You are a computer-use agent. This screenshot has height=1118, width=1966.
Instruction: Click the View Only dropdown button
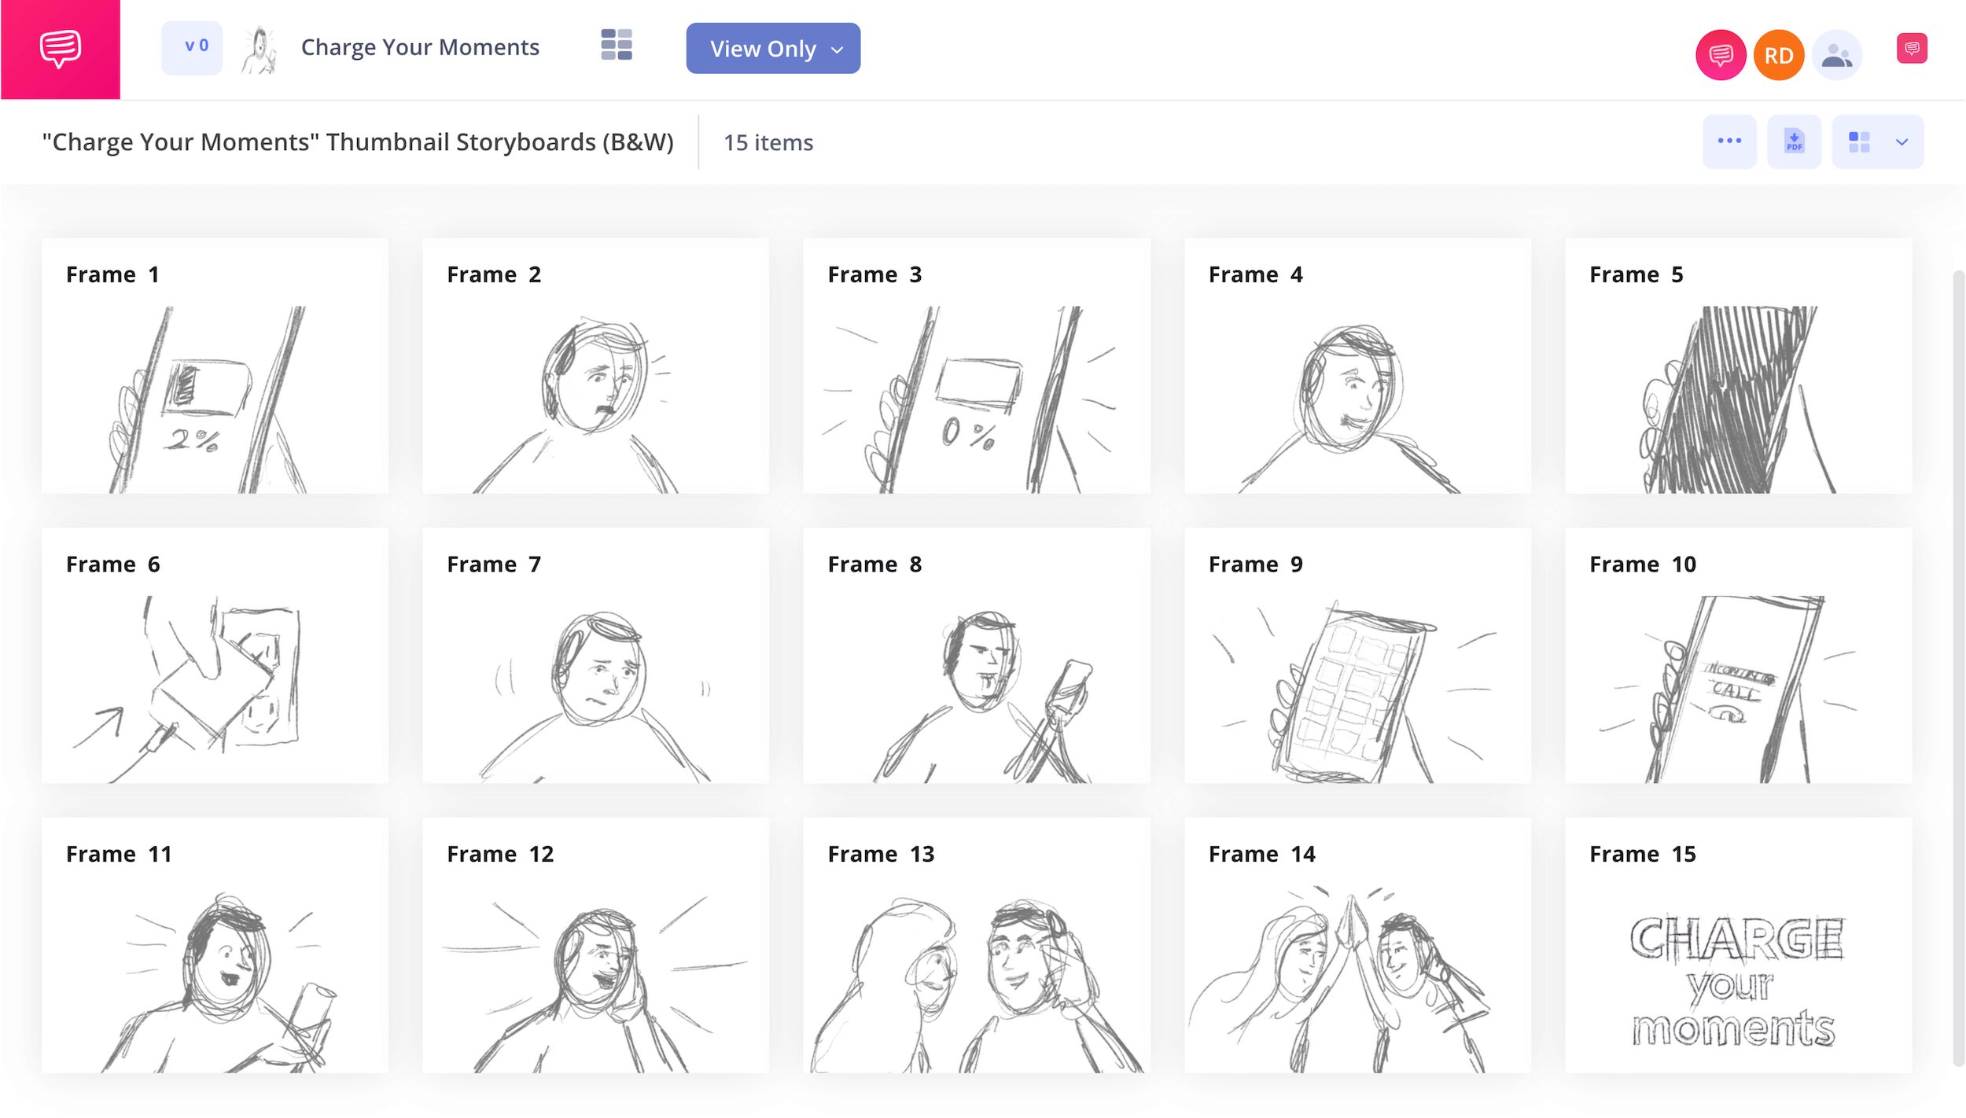click(x=773, y=48)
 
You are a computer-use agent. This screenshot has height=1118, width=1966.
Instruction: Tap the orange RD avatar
click(x=1779, y=55)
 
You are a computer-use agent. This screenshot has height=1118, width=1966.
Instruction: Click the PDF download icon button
click(x=1794, y=142)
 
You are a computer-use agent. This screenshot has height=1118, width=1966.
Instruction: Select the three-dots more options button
click(x=1729, y=142)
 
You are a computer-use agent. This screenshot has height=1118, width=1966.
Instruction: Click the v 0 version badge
click(x=192, y=47)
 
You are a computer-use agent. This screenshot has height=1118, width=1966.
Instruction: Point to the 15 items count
click(x=768, y=142)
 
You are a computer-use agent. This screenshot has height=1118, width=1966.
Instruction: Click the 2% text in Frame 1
click(x=191, y=440)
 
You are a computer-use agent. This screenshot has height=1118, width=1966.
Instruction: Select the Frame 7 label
click(x=494, y=565)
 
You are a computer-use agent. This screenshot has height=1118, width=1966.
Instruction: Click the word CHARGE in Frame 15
click(x=1736, y=939)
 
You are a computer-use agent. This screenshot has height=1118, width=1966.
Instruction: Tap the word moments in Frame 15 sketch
click(x=1733, y=1028)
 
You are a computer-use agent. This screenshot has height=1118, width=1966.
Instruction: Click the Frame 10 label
click(x=1643, y=565)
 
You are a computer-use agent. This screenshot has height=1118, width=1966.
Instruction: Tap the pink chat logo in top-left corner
click(x=61, y=50)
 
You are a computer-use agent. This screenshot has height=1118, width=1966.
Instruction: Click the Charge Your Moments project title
click(x=420, y=47)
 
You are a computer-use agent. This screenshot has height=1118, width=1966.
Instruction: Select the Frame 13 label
click(x=881, y=855)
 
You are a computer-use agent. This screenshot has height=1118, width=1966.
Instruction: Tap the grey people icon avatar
click(x=1837, y=55)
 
